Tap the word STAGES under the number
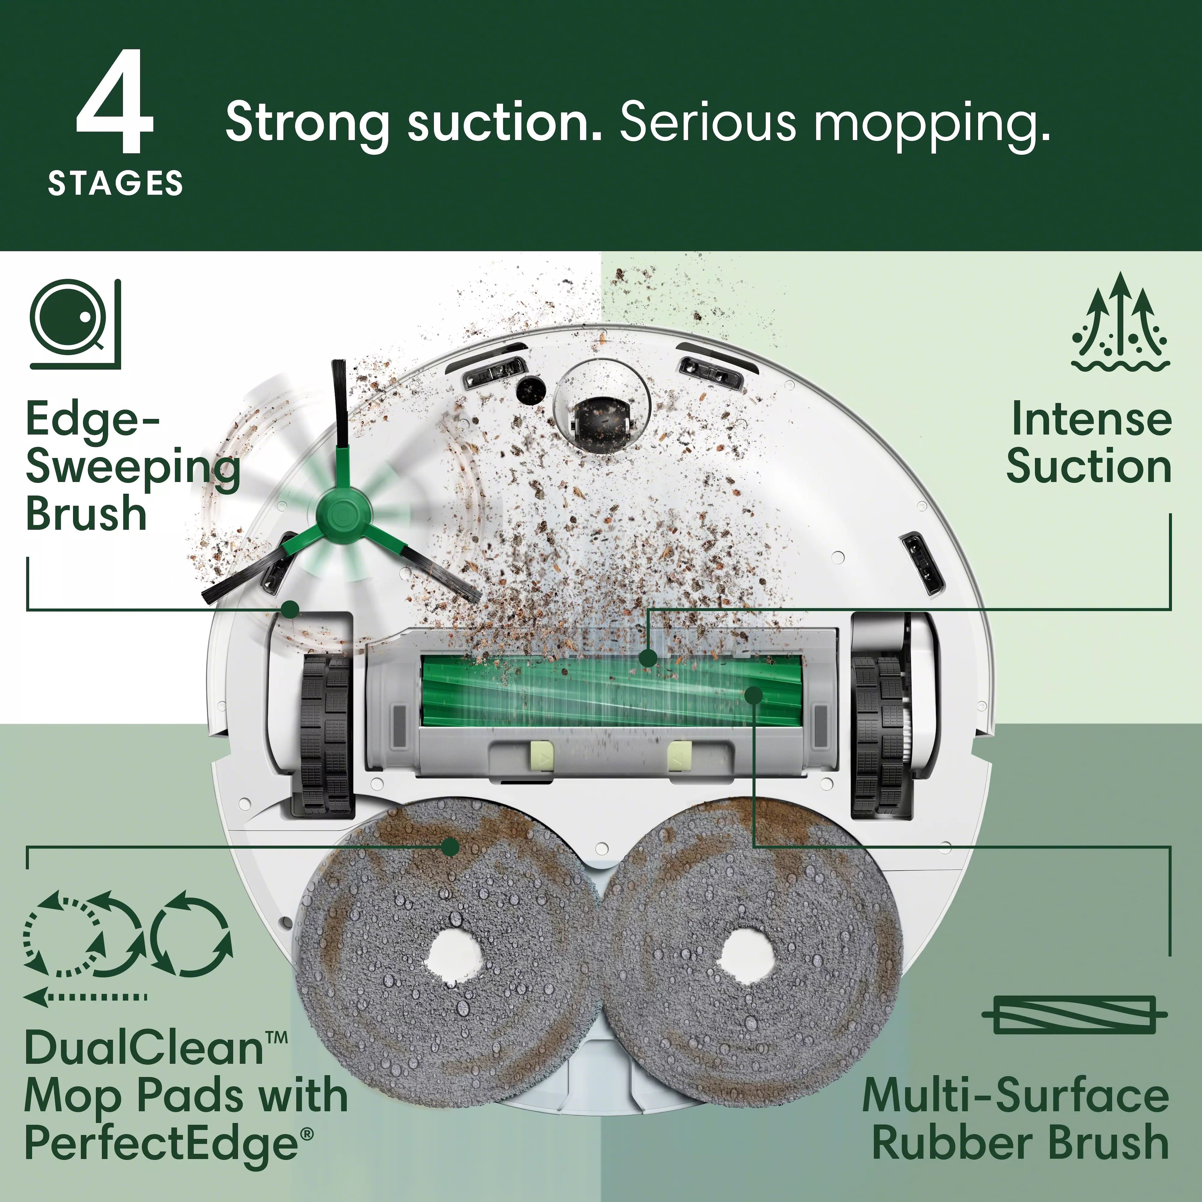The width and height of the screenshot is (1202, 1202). pos(116,183)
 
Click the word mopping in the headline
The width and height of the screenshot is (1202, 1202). pos(931,123)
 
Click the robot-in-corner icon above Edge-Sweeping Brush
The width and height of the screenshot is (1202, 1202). pos(75,324)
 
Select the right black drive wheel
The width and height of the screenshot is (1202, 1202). pos(877,734)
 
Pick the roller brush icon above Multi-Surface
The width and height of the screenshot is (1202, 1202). pos(1075,1014)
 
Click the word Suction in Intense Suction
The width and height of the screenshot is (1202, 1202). pos(1089,467)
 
